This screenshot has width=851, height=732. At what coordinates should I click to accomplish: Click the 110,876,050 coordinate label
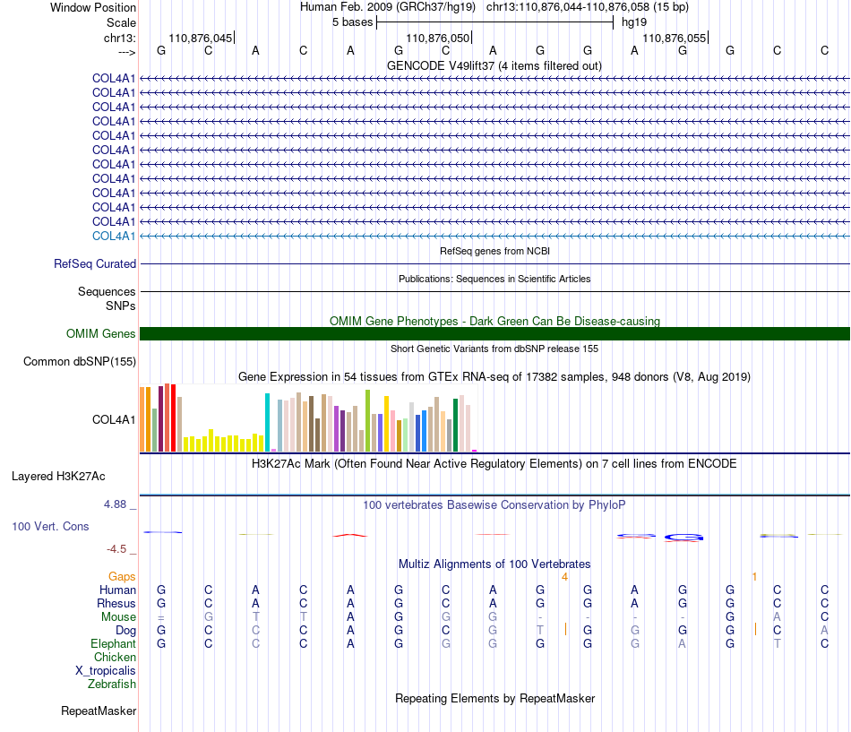pos(437,38)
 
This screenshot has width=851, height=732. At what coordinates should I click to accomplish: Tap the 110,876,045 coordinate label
pos(201,38)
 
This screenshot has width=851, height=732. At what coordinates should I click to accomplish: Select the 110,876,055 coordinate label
pos(674,38)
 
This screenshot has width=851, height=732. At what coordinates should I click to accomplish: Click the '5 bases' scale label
pos(353,22)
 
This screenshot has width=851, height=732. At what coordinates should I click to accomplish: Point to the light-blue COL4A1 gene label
pos(114,237)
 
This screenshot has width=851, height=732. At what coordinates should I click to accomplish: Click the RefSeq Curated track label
pos(95,264)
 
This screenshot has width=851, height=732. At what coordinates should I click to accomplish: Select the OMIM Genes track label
pos(101,333)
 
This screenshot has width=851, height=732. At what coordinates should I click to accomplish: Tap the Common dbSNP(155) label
pos(80,362)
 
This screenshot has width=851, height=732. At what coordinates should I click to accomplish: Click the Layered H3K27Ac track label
pos(58,477)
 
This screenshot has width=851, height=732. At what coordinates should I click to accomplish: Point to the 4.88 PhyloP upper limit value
pos(115,504)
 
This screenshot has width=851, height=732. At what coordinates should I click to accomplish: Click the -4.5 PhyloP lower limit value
pos(116,549)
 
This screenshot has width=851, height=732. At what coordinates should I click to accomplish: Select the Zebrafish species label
pos(112,685)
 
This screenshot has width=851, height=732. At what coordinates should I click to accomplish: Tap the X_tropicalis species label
pos(106,671)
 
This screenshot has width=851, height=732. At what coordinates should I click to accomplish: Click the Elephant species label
pos(114,643)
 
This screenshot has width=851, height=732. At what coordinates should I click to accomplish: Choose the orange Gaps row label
pos(122,576)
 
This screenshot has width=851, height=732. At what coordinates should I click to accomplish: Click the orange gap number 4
pos(564,577)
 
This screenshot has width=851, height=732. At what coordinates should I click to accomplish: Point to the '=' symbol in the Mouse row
pos(161,617)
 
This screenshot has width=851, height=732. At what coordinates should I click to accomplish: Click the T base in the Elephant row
pos(778,643)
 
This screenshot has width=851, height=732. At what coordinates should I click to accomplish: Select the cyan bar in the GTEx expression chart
pos(267,423)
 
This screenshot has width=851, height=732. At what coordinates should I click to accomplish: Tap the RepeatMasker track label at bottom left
pos(99,710)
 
